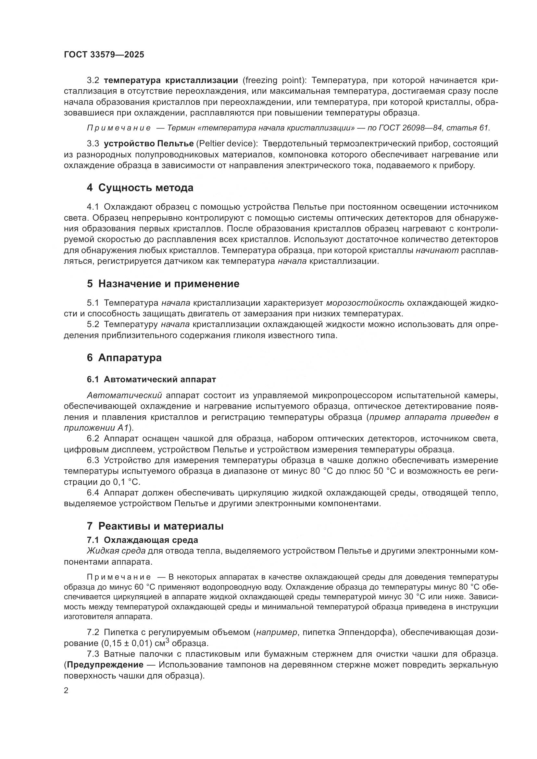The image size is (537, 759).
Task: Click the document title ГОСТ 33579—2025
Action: (104, 55)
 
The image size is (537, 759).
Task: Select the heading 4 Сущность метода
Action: (140, 188)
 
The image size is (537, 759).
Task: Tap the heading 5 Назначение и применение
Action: (163, 284)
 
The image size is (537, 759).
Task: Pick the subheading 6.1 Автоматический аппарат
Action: (151, 380)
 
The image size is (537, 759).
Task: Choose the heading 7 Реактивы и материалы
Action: (155, 526)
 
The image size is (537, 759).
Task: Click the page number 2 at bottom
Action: (66, 691)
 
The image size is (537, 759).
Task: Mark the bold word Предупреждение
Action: (105, 665)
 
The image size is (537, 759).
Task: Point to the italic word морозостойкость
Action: (365, 303)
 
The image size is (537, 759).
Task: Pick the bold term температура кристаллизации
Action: (171, 80)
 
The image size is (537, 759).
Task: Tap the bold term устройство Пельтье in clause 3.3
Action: (148, 144)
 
